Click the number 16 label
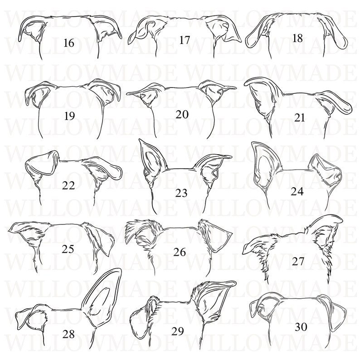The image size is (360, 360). click(x=69, y=44)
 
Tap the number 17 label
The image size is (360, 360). click(x=184, y=40)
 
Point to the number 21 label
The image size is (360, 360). click(x=300, y=118)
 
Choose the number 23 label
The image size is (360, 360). click(x=181, y=193)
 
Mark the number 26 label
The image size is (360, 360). click(x=180, y=252)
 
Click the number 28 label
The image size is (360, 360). click(x=69, y=335)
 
